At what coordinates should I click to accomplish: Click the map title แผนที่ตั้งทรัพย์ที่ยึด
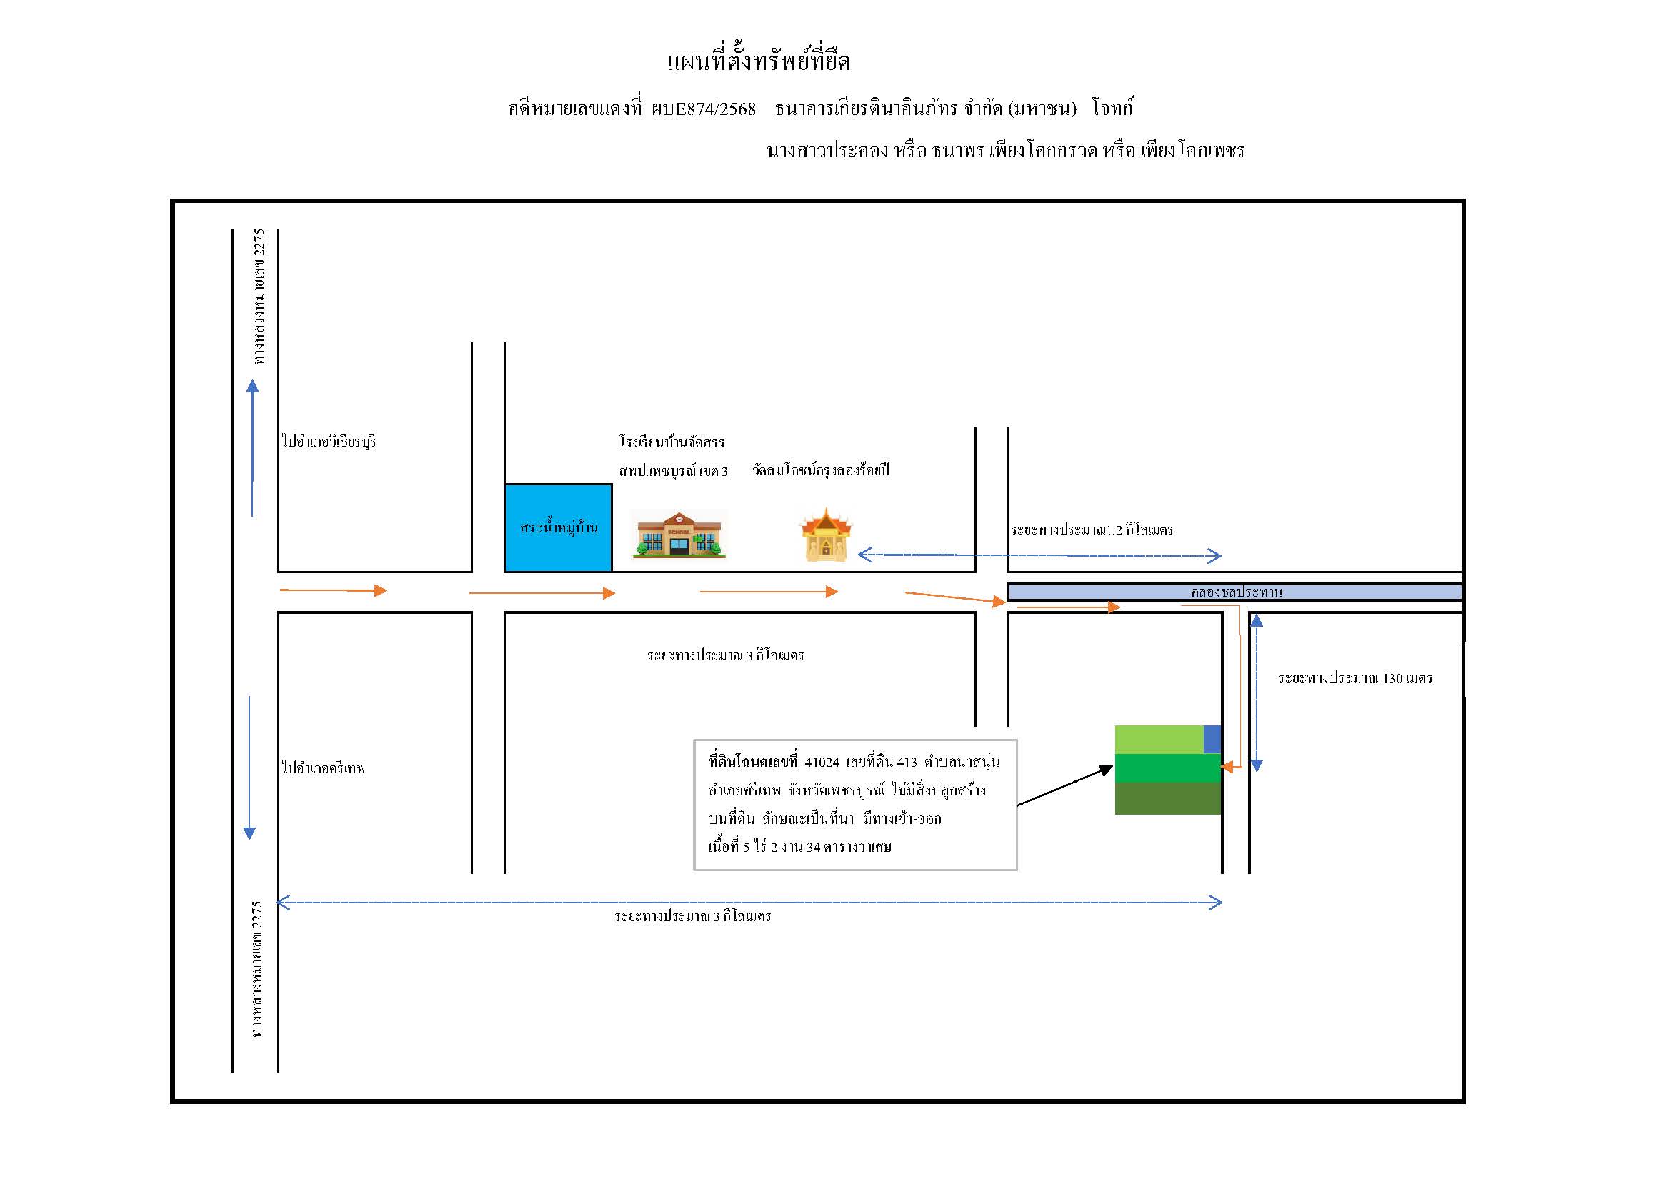point(759,61)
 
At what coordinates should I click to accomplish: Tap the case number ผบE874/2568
point(704,109)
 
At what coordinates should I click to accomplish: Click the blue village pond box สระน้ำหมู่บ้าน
point(558,527)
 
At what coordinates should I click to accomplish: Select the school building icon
point(679,535)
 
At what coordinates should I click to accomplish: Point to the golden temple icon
point(826,535)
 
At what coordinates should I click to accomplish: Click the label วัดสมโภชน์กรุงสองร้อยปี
point(821,470)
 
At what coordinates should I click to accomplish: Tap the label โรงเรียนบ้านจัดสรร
point(672,442)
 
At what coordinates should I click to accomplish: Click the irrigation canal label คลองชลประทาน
point(1237,592)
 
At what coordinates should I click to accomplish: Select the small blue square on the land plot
point(1212,740)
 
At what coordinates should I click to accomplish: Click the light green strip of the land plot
point(1159,740)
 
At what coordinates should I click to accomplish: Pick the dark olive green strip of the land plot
point(1168,798)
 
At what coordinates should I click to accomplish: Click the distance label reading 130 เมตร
point(1355,678)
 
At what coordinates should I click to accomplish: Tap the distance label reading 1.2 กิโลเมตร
point(1092,529)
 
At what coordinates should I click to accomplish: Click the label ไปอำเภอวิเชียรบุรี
point(329,441)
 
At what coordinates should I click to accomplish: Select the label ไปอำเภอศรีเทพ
point(323,767)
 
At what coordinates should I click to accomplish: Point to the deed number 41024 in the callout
point(822,762)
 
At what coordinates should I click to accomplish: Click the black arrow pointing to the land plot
point(1064,785)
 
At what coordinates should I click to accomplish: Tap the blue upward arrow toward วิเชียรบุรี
point(252,448)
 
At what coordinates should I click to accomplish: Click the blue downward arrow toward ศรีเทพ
point(249,768)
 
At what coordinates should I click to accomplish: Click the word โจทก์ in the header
point(1112,109)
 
